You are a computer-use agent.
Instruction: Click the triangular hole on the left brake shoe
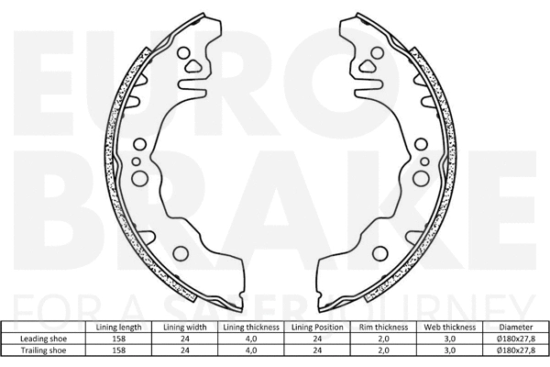[192, 65]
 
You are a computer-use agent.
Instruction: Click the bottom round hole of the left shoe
[180, 253]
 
